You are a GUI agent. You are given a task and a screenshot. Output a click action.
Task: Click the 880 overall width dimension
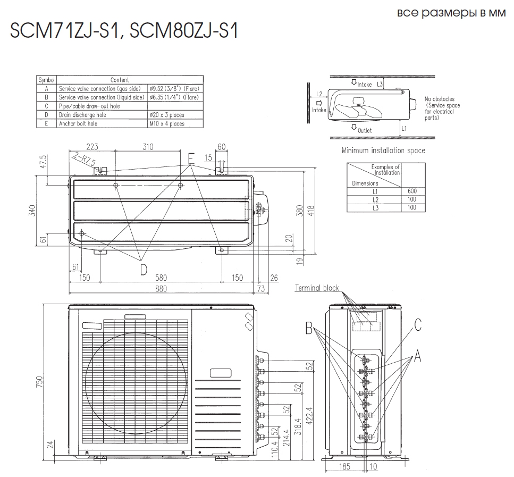point(161,289)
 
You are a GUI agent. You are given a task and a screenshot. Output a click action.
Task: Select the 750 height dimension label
point(39,381)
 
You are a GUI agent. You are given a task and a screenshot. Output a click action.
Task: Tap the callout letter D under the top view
point(144,270)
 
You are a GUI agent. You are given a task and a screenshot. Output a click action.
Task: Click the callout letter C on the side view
point(417,325)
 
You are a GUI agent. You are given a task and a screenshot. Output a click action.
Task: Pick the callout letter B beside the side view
point(309,328)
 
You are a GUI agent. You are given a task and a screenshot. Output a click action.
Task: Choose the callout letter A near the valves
point(417,356)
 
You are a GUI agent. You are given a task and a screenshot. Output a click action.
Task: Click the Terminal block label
point(317,288)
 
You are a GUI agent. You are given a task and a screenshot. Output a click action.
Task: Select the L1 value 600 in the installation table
point(412,191)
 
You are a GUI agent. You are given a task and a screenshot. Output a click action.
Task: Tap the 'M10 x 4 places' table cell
point(167,124)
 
